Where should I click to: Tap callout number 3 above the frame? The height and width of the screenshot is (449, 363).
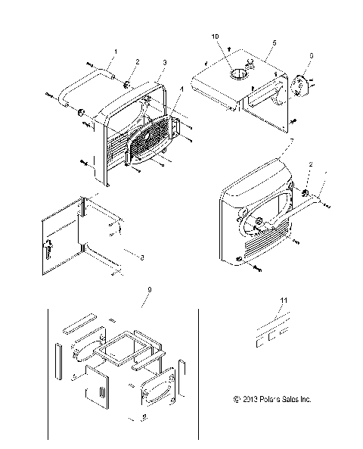pyautogui.click(x=165, y=61)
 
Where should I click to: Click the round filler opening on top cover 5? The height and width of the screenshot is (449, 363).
pyautogui.click(x=236, y=73)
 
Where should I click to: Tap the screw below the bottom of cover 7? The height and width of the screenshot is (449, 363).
pyautogui.click(x=259, y=268)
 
